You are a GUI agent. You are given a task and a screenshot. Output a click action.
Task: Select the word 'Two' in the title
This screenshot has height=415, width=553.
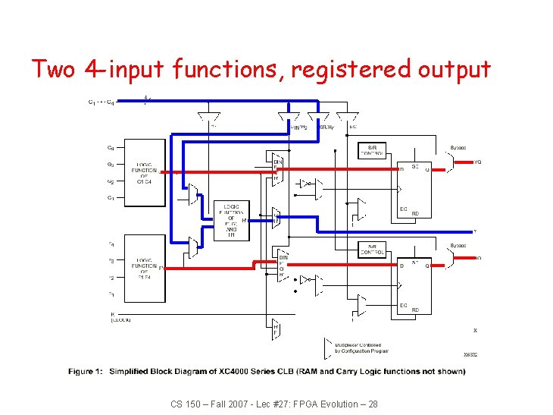click(x=54, y=69)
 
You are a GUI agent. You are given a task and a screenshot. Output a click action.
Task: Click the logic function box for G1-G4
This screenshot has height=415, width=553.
click(x=144, y=173)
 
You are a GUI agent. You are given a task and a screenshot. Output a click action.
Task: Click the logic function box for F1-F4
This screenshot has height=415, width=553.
click(x=144, y=268)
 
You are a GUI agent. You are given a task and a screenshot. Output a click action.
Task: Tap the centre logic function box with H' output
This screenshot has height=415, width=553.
click(x=231, y=220)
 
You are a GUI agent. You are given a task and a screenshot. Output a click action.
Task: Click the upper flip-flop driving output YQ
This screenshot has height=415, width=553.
click(x=414, y=190)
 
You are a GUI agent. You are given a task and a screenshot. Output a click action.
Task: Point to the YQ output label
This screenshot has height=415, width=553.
click(x=478, y=162)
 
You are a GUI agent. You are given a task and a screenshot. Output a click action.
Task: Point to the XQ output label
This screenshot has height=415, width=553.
click(x=478, y=259)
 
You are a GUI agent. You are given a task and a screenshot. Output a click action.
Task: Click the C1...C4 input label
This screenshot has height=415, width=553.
click(x=102, y=102)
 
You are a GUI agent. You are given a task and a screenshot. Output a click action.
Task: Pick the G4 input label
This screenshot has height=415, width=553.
click(x=111, y=148)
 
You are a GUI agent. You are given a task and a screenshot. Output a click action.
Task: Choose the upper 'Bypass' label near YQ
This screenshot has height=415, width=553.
click(x=458, y=148)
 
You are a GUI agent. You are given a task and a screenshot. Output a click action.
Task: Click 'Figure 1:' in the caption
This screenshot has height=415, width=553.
click(x=85, y=372)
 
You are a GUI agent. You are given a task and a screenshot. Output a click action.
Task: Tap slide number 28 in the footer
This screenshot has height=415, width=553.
click(x=372, y=404)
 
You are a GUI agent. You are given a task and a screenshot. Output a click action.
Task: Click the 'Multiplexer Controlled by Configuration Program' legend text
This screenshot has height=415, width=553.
click(x=362, y=347)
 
